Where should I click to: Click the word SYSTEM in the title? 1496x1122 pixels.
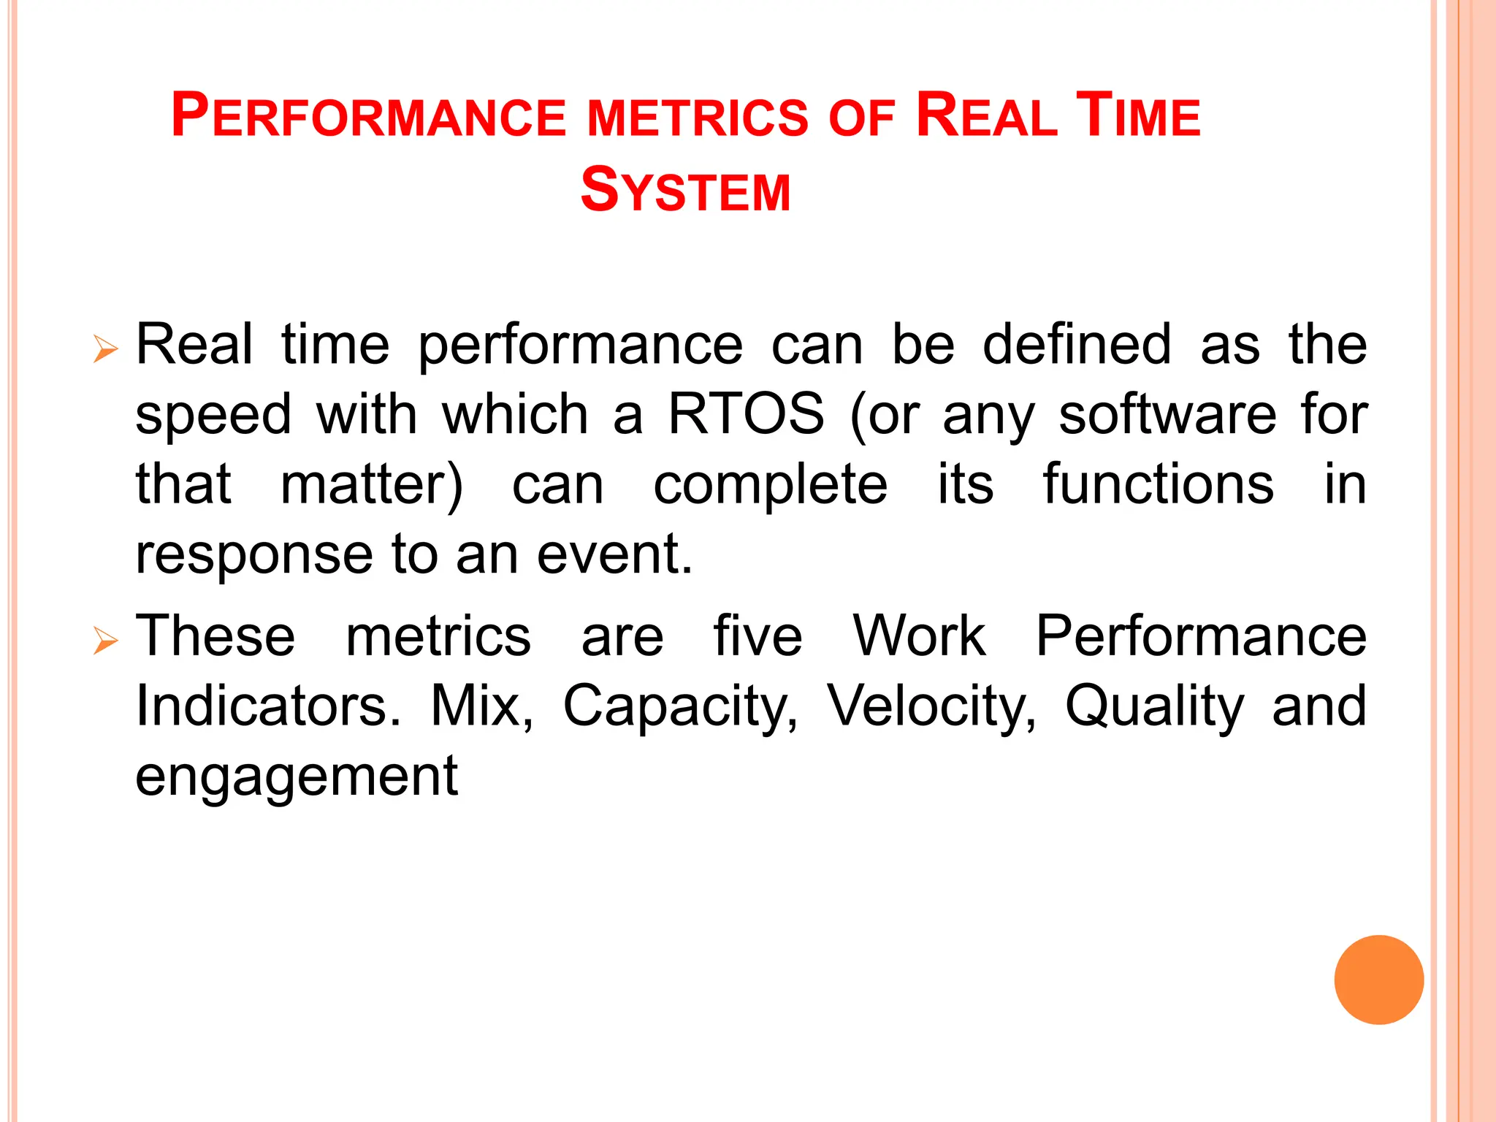coord(685,191)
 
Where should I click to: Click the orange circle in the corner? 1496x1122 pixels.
coord(1378,980)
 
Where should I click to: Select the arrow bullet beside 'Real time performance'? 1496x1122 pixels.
coord(106,349)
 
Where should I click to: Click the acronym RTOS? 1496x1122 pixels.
coord(746,414)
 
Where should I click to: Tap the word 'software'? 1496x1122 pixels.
coord(1167,414)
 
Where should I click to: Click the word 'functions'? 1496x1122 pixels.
coord(1158,484)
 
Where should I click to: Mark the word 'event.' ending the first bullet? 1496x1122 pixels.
coord(614,554)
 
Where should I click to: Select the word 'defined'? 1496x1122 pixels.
coord(1077,344)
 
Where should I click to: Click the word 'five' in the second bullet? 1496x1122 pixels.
coord(757,636)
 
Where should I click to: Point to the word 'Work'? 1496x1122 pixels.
coord(919,636)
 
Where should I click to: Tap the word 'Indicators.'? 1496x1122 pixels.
coord(268,706)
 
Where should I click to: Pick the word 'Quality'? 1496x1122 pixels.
coord(1154,707)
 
